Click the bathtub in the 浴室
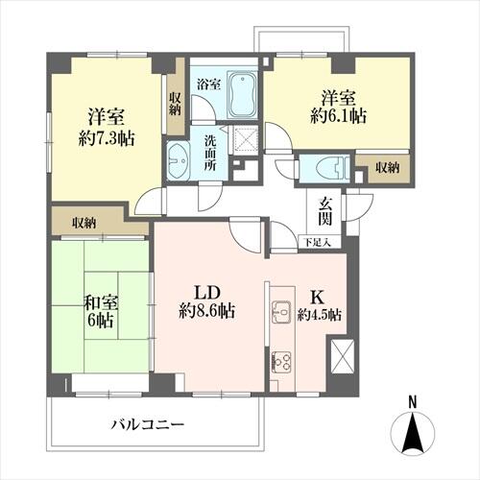242,95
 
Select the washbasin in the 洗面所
179,160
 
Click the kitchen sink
281,312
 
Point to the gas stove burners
281,362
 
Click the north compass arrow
413,433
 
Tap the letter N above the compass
413,402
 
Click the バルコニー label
148,425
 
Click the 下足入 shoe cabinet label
317,242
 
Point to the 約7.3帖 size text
107,138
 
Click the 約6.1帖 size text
338,116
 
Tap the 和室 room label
101,302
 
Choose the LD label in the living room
207,293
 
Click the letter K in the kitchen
317,298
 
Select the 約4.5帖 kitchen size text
320,315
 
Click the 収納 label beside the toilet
388,167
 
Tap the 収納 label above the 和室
84,223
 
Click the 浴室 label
208,84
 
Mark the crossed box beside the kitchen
343,356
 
